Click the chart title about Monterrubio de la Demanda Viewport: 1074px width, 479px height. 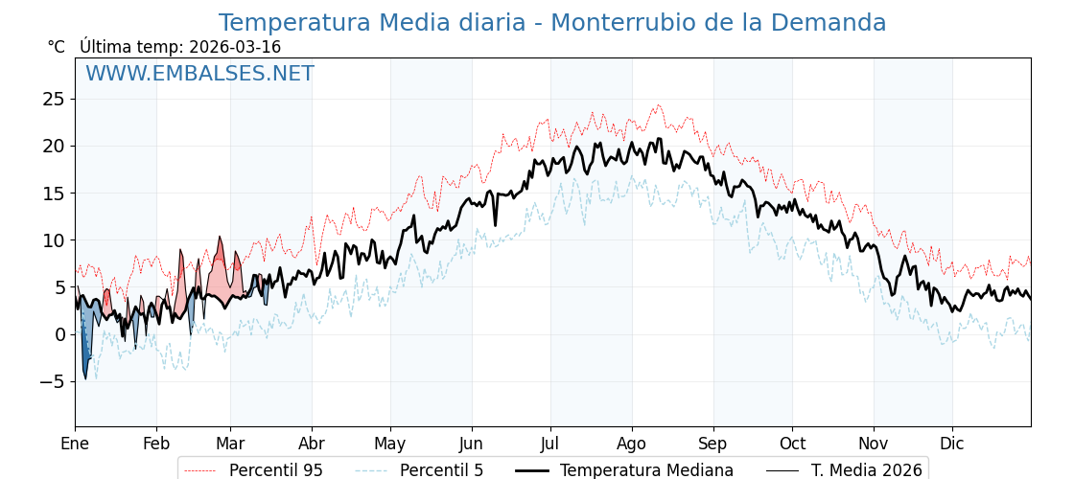551,23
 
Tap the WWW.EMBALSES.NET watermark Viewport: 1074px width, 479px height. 199,74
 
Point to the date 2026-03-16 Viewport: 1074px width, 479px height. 235,47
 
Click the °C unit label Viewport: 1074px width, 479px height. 57,47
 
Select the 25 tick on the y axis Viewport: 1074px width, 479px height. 53,99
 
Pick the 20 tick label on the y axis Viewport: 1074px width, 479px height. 53,146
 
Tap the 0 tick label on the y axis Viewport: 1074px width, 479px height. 59,334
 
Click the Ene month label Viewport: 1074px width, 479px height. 75,444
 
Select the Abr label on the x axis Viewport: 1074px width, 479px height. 312,444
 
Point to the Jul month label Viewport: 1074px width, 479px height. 550,444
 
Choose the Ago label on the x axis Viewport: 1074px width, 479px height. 632,444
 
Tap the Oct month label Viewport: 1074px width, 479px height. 792,444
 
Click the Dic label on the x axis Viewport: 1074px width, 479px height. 952,444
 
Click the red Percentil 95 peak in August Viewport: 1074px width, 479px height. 658,106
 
